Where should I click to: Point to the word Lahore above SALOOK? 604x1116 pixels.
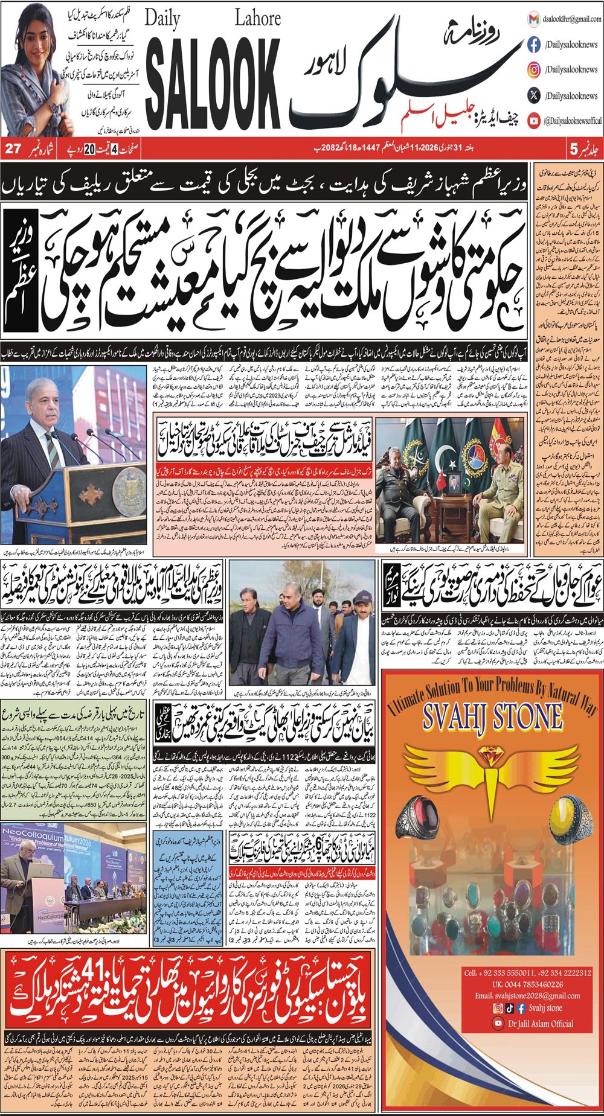(257, 19)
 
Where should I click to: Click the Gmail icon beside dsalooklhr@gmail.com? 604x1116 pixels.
(534, 19)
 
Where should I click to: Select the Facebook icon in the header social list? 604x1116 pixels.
(534, 44)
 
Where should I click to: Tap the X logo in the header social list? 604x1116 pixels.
(534, 95)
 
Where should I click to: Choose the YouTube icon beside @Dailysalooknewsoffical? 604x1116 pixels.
(534, 121)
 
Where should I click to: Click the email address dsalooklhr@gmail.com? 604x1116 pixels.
(571, 19)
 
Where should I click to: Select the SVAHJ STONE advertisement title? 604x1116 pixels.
(492, 718)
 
